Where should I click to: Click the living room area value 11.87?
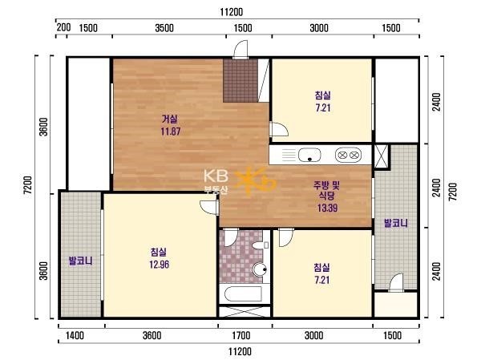171,131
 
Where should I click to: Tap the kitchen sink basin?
309,155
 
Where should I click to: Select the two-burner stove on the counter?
348,155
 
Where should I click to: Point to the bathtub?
243,294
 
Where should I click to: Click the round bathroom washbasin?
261,269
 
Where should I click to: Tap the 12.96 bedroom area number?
160,265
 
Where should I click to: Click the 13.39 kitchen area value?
328,208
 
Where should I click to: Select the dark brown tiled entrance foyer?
240,81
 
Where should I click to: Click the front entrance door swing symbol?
240,49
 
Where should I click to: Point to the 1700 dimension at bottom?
240,335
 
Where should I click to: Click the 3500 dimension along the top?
164,28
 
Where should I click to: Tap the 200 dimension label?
64,27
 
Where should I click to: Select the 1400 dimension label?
75,335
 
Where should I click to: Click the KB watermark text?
216,176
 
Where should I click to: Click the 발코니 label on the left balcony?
80,261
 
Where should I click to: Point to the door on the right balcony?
396,283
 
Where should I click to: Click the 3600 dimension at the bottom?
152,335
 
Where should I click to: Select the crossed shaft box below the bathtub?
245,311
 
